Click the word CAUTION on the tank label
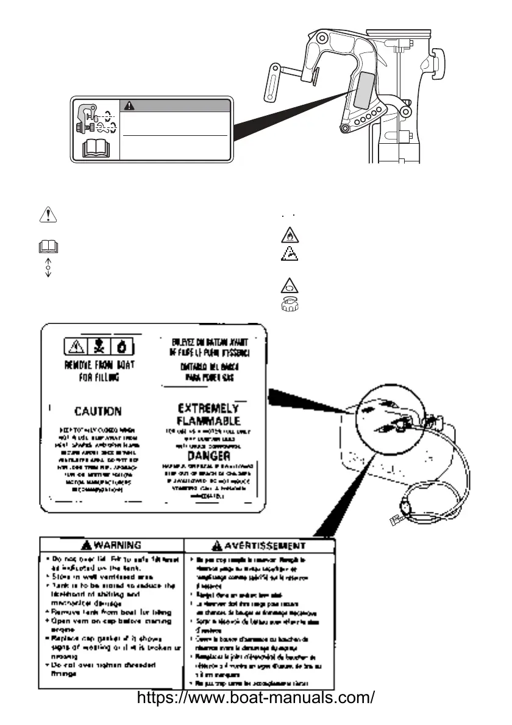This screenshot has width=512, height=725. pyautogui.click(x=98, y=411)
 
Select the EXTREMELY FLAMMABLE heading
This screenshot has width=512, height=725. pyautogui.click(x=209, y=414)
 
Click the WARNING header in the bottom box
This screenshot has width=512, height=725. pyautogui.click(x=112, y=544)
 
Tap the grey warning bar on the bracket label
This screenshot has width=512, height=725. pyautogui.click(x=176, y=104)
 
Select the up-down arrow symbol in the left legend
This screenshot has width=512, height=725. pyautogui.click(x=48, y=267)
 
